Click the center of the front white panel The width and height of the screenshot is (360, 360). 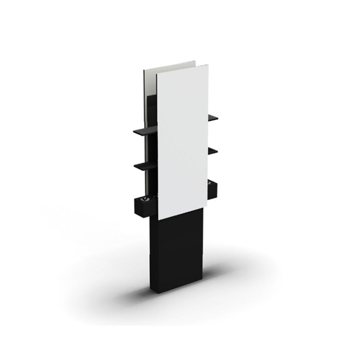tap(183, 142)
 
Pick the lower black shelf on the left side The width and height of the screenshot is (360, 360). tap(146, 165)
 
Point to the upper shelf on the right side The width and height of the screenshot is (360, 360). tap(213, 117)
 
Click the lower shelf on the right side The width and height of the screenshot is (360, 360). tap(213, 150)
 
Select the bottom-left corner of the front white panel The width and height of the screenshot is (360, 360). tap(158, 219)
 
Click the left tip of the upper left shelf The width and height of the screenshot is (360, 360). tap(134, 132)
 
